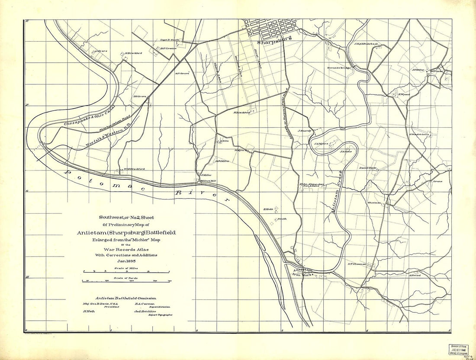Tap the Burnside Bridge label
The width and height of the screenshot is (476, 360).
[x=338, y=68]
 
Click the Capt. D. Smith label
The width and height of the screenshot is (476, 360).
[x=169, y=40]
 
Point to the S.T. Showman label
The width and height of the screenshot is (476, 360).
[x=357, y=264]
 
